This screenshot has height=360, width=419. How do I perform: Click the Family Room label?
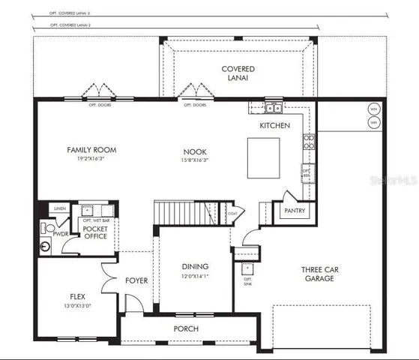[92, 150]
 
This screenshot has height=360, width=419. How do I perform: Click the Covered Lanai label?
[238, 73]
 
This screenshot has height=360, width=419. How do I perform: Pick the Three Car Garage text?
[322, 274]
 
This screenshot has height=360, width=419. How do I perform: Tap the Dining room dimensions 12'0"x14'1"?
[195, 276]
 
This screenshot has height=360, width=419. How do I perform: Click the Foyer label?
[136, 280]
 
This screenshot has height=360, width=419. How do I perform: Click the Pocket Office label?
[94, 232]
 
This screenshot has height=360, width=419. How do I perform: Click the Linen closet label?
[61, 208]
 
